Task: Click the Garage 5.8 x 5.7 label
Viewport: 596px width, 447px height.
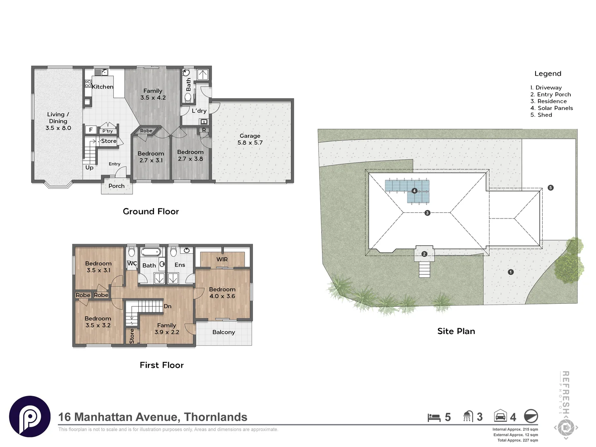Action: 250,139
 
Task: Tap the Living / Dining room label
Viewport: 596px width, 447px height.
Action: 58,121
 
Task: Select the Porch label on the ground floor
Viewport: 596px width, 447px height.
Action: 116,186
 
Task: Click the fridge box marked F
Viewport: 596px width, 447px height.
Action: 91,130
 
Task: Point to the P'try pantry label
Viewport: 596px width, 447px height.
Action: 108,131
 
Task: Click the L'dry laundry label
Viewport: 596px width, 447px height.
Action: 199,111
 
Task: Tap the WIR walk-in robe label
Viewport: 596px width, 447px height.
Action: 222,260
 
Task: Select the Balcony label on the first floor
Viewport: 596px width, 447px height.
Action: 223,332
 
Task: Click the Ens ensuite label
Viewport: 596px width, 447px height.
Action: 180,265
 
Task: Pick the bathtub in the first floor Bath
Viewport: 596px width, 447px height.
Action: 151,252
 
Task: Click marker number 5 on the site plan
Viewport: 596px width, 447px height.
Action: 550,187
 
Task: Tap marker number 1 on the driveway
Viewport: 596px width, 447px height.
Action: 511,272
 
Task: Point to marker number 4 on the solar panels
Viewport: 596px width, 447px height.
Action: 414,191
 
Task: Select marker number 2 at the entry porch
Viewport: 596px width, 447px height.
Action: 424,254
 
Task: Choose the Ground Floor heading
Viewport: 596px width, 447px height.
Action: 151,211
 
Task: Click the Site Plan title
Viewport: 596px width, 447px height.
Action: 456,331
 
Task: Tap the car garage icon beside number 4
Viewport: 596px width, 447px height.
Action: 500,416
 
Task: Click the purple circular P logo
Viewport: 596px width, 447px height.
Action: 30,416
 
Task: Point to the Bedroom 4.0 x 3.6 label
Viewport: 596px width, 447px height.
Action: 222,293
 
